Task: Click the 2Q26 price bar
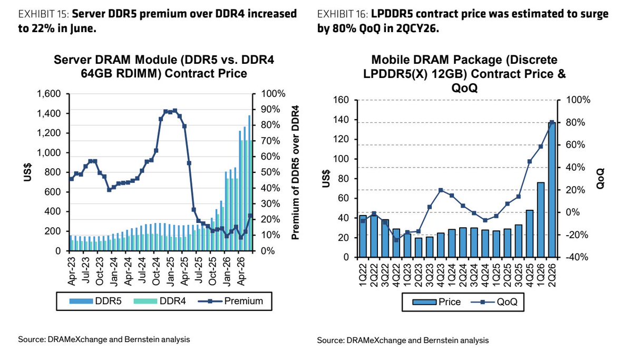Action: (x=552, y=189)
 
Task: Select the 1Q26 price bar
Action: (x=540, y=220)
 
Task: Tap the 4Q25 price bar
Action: (x=530, y=234)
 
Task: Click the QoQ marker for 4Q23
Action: (x=441, y=190)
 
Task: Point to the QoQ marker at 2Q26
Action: (x=552, y=122)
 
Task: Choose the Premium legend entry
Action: (x=230, y=301)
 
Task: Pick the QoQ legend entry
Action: (x=494, y=302)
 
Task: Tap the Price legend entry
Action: (x=436, y=302)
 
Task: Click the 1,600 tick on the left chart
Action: (x=49, y=94)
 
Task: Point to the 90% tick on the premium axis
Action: (x=270, y=110)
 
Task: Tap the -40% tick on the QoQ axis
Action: (x=577, y=257)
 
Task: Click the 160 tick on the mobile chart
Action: (x=341, y=100)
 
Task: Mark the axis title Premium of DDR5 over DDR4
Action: (x=296, y=172)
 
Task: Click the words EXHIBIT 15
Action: (x=43, y=14)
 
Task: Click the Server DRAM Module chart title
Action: (x=163, y=66)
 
